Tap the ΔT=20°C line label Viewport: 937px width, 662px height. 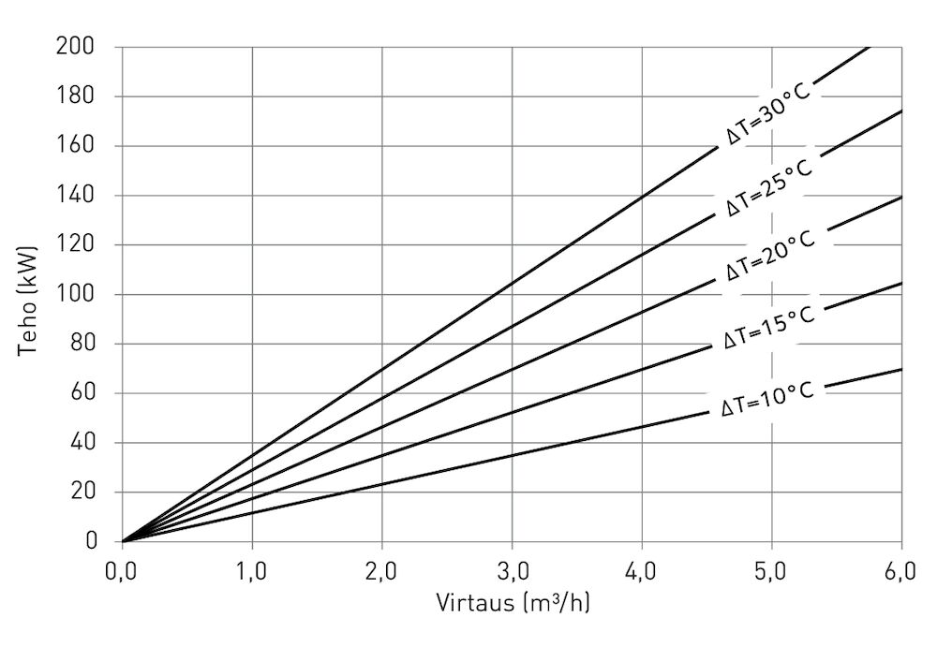770,256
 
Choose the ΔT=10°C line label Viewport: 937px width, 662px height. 767,398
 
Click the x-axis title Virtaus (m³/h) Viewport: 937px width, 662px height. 513,601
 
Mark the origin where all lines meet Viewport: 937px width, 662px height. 123,541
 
